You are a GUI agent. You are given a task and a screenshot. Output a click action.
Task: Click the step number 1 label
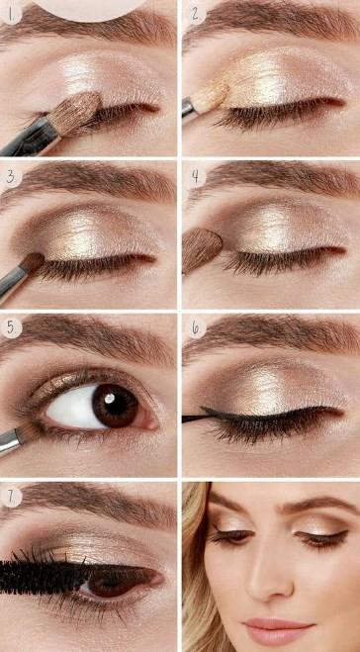point(9,14)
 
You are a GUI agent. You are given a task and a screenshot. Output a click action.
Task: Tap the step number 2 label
point(195,14)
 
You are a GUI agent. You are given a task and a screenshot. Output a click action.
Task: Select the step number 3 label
point(9,175)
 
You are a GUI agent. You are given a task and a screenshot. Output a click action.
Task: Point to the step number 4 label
point(195,175)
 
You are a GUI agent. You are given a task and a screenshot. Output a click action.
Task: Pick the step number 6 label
point(195,327)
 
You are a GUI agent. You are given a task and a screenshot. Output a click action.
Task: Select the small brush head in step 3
point(33,261)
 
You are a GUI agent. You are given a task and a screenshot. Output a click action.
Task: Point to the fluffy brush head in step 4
point(202,250)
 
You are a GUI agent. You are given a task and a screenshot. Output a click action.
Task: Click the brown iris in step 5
point(116,406)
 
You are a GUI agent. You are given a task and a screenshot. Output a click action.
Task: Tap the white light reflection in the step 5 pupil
point(110,399)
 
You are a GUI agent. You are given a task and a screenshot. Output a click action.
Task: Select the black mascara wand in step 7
point(42,577)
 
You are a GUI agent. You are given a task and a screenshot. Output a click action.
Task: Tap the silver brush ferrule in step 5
point(9,439)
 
